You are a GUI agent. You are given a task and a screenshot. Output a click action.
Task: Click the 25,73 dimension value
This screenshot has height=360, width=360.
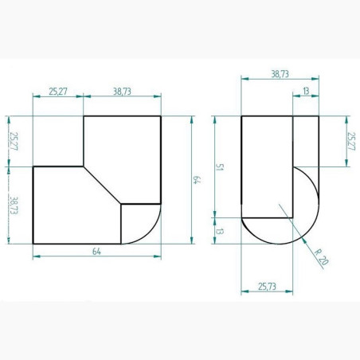point(267,287)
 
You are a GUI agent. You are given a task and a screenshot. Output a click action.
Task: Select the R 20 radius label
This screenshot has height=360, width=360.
point(321,257)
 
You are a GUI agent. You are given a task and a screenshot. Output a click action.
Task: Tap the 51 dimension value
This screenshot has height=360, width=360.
point(219,167)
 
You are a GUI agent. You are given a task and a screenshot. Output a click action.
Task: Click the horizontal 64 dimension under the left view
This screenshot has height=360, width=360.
point(96,252)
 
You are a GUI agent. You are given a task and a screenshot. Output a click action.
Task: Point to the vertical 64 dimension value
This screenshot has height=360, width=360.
point(197,180)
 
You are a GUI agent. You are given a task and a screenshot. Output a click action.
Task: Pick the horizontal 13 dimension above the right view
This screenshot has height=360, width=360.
point(306,91)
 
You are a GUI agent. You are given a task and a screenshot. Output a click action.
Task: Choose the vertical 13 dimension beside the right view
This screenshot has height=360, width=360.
point(219,231)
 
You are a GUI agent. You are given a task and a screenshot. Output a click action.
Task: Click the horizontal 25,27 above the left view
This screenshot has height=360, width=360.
point(58,92)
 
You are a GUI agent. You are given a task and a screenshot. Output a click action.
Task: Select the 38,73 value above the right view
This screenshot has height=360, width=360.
point(280,74)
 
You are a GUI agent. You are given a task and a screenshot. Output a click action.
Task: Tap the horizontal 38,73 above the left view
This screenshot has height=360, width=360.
point(122,92)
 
